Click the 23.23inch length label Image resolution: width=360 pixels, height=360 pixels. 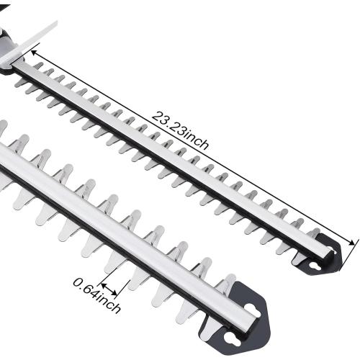[x=180, y=130]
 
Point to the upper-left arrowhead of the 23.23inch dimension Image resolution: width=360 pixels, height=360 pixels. [x=35, y=51]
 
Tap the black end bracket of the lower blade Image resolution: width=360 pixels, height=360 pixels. [x=245, y=320]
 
